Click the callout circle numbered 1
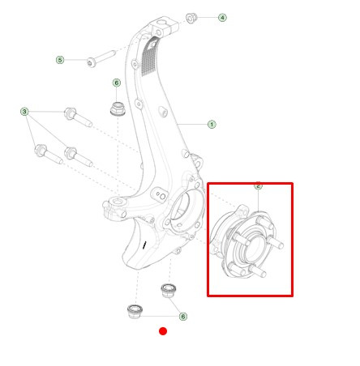point(212,125)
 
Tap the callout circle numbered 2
point(258,185)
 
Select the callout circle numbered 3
point(24,112)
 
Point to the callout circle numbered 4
point(222,18)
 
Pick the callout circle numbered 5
point(60,60)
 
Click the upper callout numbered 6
point(117,83)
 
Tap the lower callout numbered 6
point(183,317)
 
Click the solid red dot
point(163,331)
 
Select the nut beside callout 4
point(191,19)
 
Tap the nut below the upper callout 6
point(118,109)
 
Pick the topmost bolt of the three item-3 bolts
point(78,117)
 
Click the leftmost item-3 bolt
point(49,155)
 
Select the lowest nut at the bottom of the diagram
point(135,311)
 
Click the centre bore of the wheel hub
point(254,249)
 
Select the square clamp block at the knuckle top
point(164,26)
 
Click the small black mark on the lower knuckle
point(145,245)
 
